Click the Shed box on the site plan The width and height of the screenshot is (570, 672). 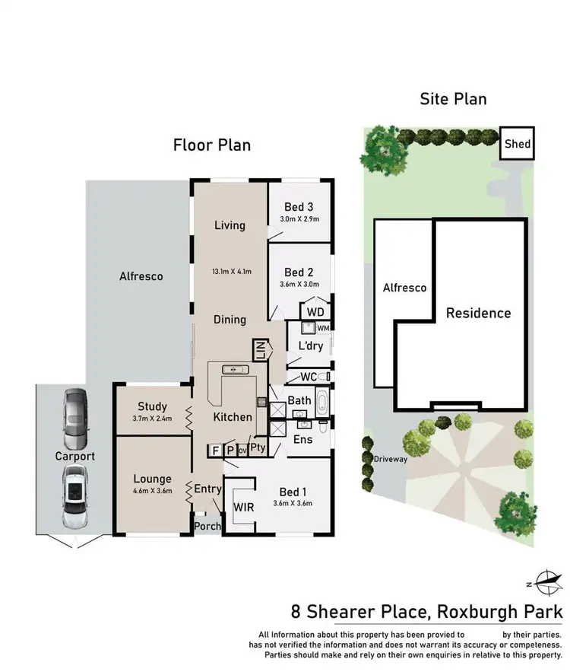point(518,143)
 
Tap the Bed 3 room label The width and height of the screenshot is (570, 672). point(299,207)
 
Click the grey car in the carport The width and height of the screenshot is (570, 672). point(75,419)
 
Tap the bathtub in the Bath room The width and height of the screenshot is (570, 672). point(322,400)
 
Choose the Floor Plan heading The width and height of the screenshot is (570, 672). point(211,145)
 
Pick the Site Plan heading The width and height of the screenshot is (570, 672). point(453,99)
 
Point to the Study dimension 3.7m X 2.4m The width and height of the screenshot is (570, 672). point(153,419)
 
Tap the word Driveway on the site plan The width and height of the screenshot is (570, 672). point(391,460)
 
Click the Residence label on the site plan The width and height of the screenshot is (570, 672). point(478,313)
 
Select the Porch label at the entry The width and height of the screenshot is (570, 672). point(207,526)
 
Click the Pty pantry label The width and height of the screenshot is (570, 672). point(258,448)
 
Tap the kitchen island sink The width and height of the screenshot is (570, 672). point(235,370)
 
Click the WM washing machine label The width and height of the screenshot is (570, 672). point(321,328)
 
